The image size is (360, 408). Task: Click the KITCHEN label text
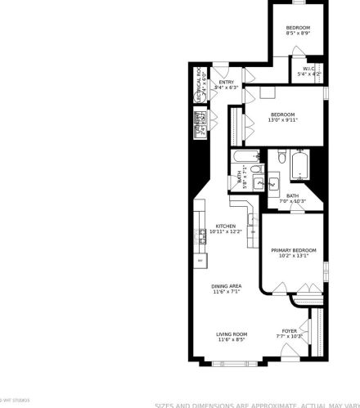coord(225,226)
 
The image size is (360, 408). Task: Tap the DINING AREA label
coord(227,286)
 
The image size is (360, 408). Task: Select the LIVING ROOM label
coord(232,334)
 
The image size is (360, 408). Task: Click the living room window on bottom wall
coord(231,361)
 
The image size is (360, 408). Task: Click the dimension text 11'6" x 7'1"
coord(227,292)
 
